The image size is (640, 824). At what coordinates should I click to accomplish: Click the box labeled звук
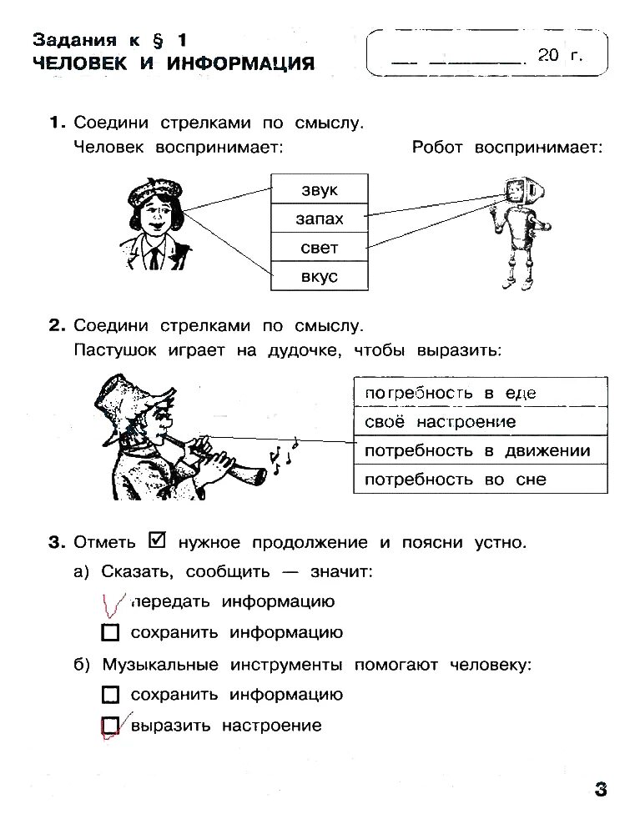coord(320,189)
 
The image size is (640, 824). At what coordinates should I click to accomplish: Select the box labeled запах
coord(320,219)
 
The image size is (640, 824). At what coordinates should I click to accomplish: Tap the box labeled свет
coord(320,248)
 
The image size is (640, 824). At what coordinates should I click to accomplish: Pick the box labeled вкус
coord(320,276)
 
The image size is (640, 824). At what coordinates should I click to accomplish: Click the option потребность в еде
coord(479,393)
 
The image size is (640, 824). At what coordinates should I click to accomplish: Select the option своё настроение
coord(479,422)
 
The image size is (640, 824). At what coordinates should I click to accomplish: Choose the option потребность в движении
coord(479,451)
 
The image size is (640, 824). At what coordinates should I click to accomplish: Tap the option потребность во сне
coord(479,480)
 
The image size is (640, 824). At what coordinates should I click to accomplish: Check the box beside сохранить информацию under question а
coord(110,633)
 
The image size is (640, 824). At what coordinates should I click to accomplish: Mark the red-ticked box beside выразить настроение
coord(111,726)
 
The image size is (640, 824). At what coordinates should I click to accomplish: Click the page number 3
coord(601,790)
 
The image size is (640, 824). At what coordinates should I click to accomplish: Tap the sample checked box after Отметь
coord(157,540)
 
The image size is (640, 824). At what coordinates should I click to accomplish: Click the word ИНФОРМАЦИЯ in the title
coord(240,63)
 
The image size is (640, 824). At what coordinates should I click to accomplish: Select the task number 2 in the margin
coord(56,325)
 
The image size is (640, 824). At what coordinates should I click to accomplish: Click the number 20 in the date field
coord(547,56)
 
